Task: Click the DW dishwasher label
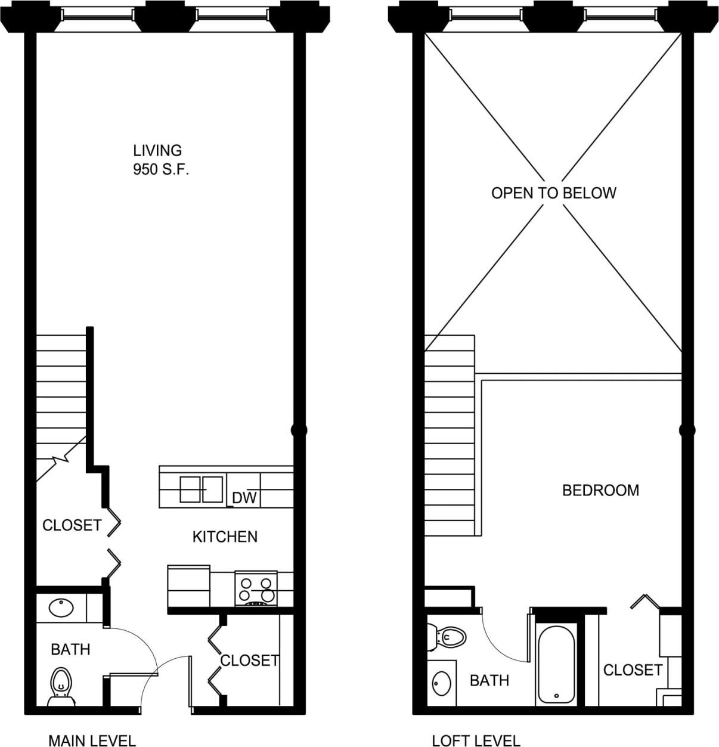pos(244,498)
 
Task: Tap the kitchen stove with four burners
pos(256,588)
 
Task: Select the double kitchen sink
pos(202,489)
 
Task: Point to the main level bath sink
pos(61,608)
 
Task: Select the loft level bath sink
pos(442,683)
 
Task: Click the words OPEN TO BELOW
pos(553,193)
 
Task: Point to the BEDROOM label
pos(600,490)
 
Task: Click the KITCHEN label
pos(225,537)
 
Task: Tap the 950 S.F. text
pos(161,170)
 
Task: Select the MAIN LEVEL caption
pos(92,740)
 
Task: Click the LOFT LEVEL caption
pos(476,740)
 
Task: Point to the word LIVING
pos(157,151)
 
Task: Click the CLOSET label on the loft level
pos(633,670)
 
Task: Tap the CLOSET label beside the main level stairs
pos(72,525)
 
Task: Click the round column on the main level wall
pos(299,429)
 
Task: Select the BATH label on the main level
pos(70,649)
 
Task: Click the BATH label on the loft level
pos(489,680)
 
